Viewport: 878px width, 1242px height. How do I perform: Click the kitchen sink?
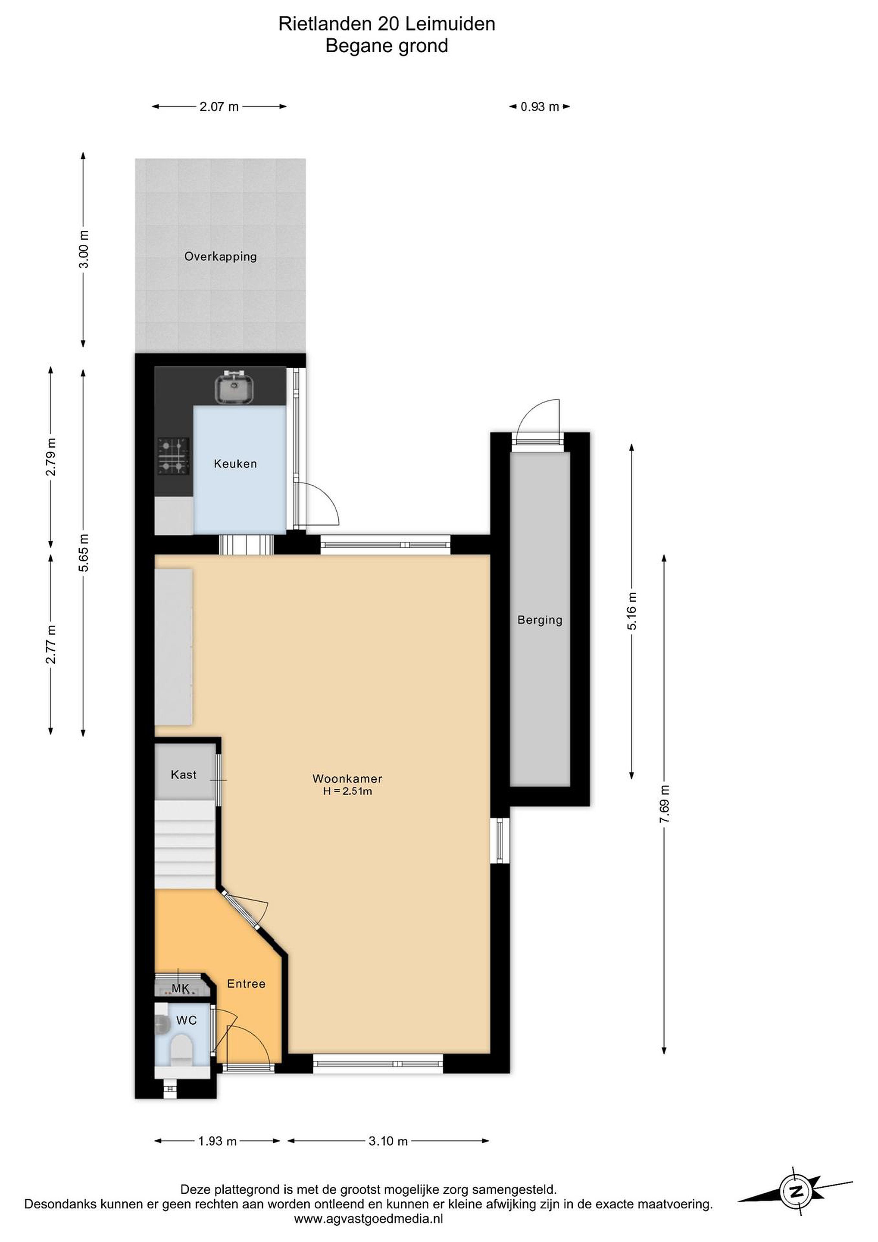pos(234,387)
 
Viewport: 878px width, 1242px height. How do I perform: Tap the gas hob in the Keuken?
pos(174,455)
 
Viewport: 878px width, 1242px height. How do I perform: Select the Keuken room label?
pos(235,464)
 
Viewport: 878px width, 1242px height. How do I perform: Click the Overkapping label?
pos(221,257)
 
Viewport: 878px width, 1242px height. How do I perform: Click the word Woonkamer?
pos(347,778)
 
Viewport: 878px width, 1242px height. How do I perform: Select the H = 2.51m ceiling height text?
pos(347,791)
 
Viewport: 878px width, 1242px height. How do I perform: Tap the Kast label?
pos(183,775)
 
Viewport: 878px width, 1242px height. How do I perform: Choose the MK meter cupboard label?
pos(180,989)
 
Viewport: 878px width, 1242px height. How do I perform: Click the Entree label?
pos(246,983)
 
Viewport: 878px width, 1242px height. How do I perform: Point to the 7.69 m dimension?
pos(665,804)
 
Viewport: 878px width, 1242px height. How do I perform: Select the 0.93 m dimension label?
pos(540,107)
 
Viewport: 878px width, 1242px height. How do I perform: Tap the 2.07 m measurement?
pos(219,107)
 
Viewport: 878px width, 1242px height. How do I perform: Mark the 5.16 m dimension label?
pos(631,611)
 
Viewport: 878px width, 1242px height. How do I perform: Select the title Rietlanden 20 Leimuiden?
pos(387,24)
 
